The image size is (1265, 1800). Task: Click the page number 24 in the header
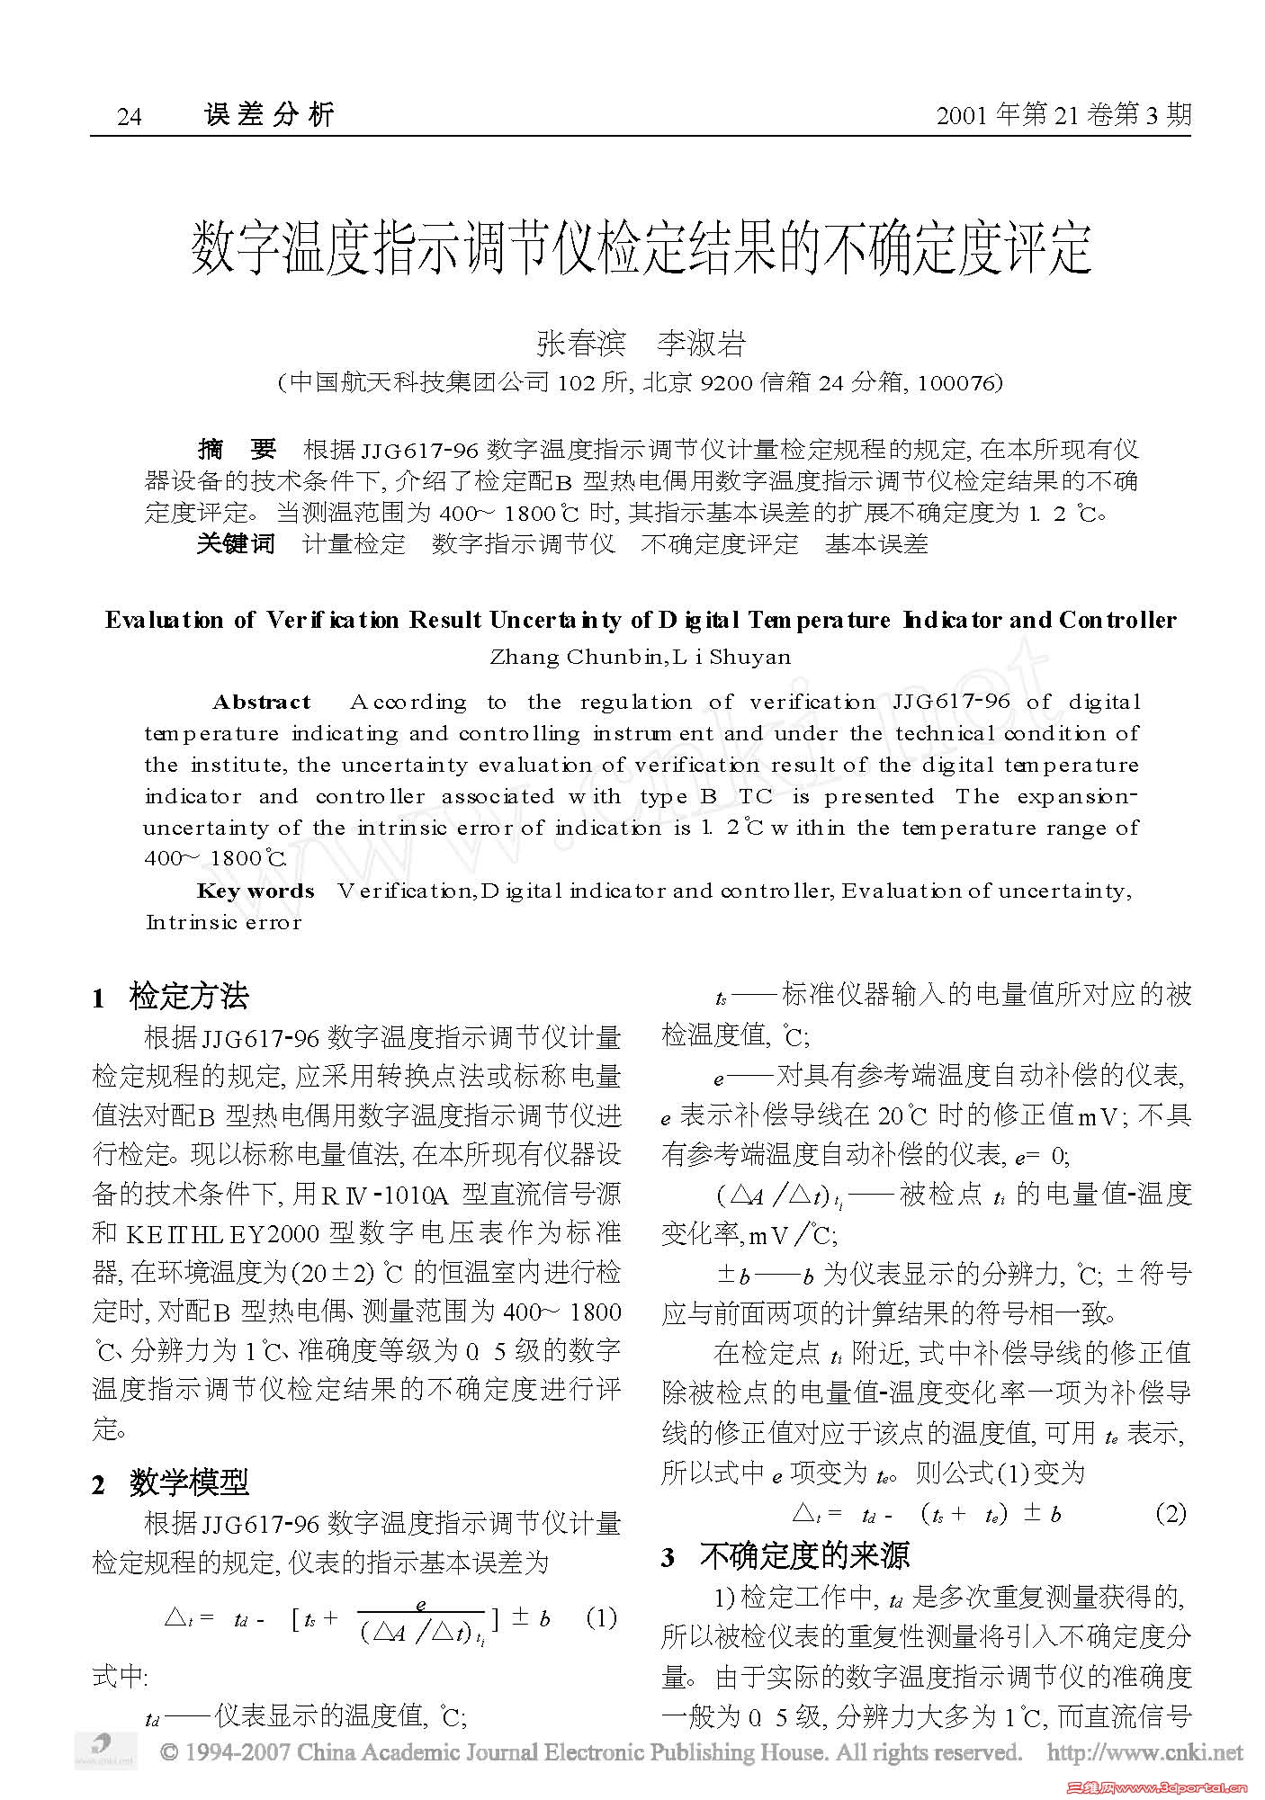coord(129,117)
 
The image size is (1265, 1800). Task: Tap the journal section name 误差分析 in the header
coord(269,114)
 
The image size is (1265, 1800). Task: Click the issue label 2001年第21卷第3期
coord(1063,115)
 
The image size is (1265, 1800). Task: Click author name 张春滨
coord(580,343)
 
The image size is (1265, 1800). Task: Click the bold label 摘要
coord(237,449)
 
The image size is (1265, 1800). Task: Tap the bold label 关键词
coord(237,544)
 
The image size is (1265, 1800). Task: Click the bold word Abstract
coord(262,703)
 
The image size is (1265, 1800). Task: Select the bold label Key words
coord(256,891)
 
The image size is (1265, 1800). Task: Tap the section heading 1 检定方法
coord(171,997)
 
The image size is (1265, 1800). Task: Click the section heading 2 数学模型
coord(171,1482)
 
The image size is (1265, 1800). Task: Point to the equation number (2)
coord(1171,1513)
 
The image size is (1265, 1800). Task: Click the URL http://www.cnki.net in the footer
coord(1145,1752)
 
